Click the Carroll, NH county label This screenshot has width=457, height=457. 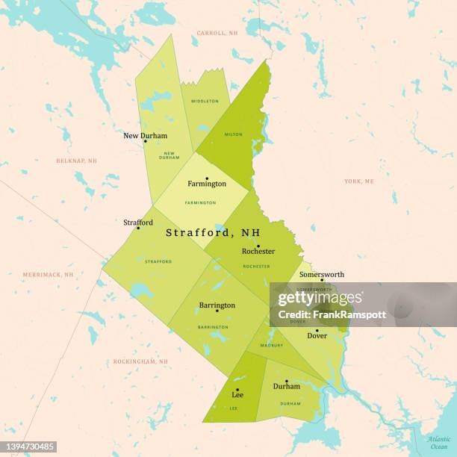point(217,34)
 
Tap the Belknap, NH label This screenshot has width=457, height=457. point(76,161)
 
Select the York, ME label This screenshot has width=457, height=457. point(359,181)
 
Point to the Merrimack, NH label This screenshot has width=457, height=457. point(48,275)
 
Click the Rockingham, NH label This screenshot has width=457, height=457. point(140,361)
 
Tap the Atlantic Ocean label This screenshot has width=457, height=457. point(439,442)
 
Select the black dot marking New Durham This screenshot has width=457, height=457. point(145,141)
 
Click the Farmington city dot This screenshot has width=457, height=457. point(207,178)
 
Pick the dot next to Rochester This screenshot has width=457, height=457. point(258,246)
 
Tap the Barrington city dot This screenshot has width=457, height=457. point(217,310)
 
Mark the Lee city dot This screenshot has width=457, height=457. point(237,389)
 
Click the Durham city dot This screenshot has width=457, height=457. point(286,381)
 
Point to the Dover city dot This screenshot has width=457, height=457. point(317,330)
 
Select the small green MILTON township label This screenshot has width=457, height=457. point(233,134)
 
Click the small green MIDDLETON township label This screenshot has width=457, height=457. point(205,101)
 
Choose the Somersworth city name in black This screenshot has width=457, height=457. point(322,274)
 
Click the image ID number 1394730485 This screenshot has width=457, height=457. point(29,447)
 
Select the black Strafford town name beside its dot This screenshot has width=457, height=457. point(138,223)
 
